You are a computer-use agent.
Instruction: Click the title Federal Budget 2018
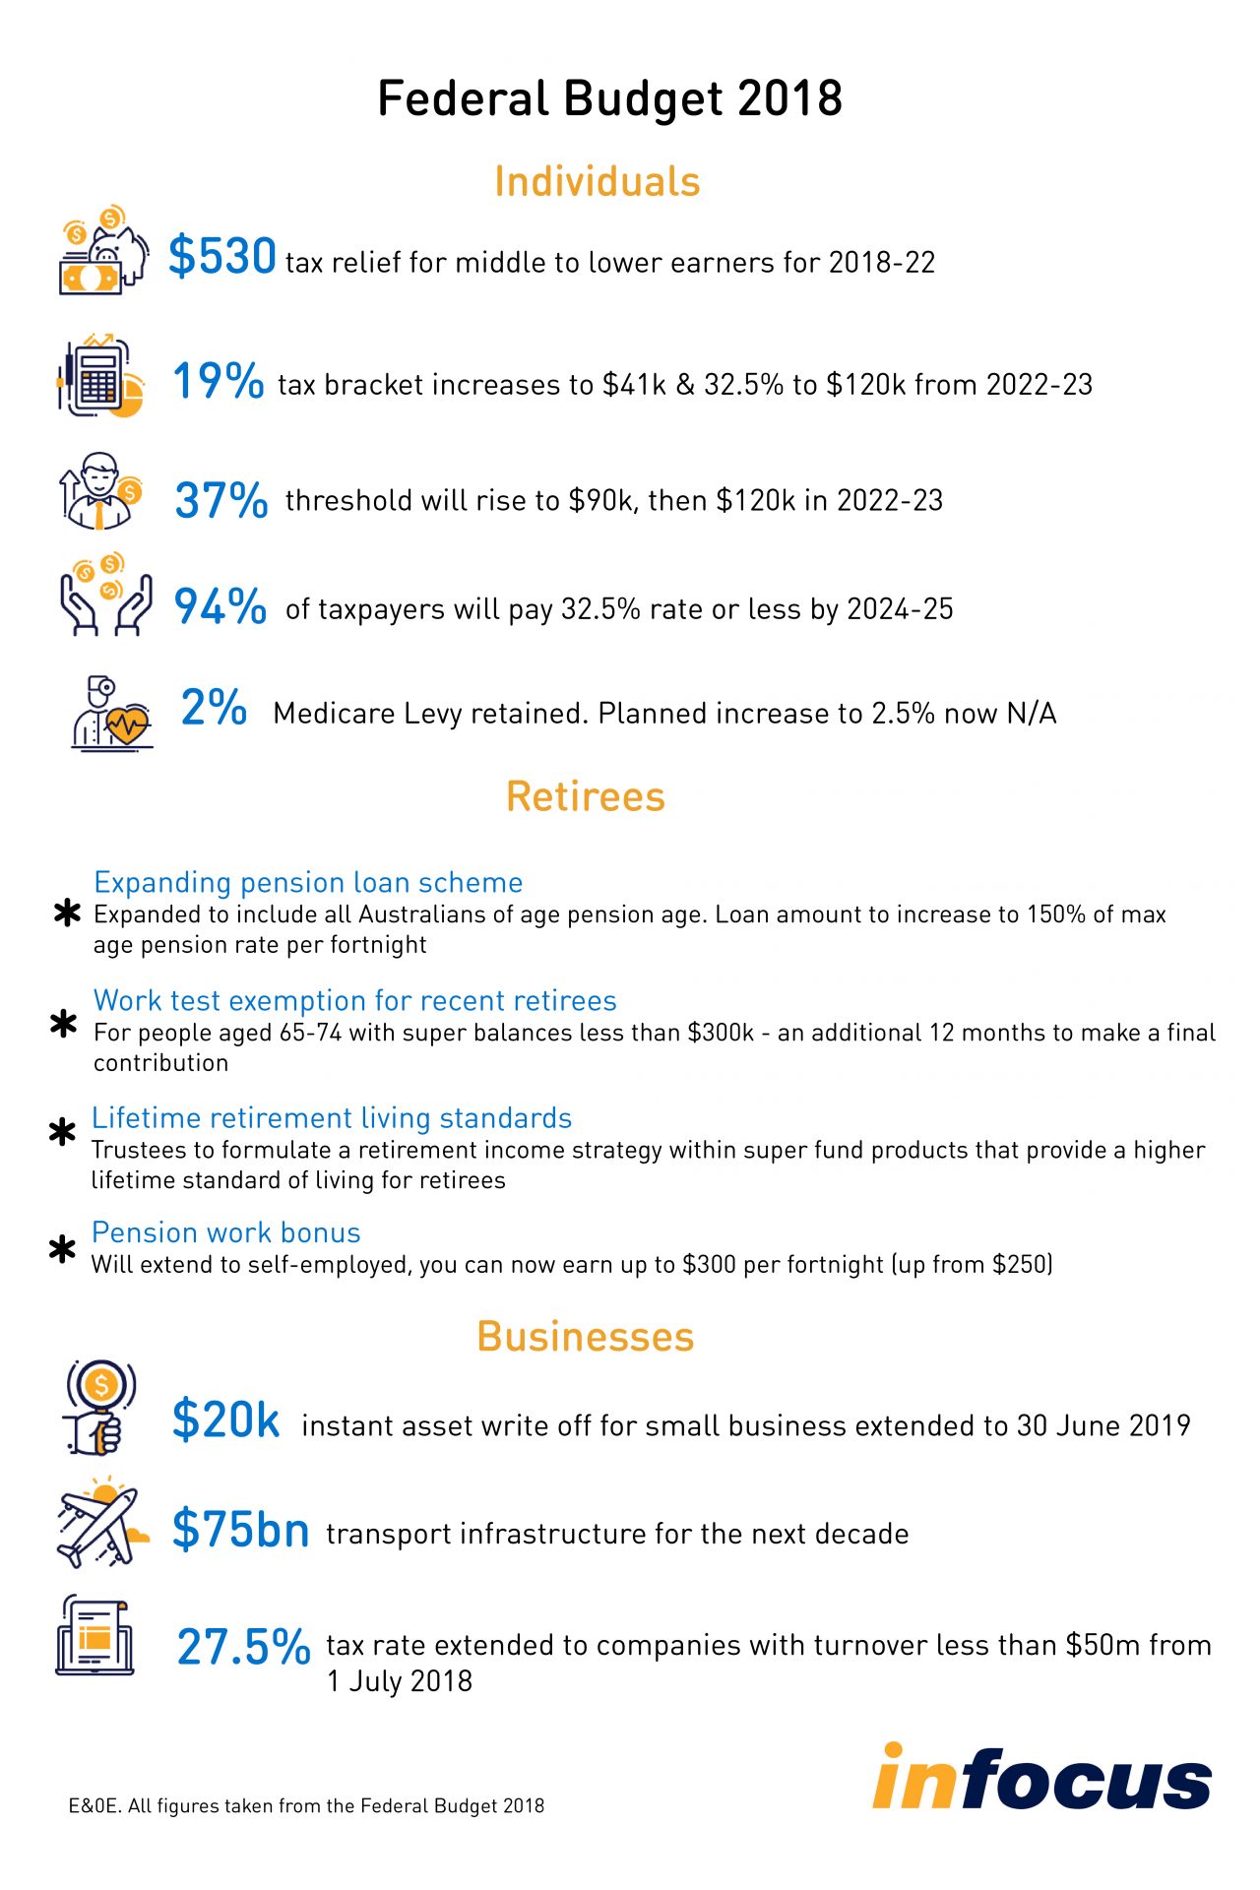(x=609, y=99)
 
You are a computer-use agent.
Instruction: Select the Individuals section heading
(x=597, y=182)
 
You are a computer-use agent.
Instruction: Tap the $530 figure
(x=221, y=257)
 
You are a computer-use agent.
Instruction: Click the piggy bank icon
(x=103, y=252)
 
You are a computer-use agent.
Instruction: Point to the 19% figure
(x=218, y=381)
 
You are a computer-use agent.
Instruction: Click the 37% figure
(x=220, y=500)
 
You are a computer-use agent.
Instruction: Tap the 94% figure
(x=220, y=606)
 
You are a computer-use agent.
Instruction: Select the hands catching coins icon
(x=105, y=594)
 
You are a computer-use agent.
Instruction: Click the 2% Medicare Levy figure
(x=214, y=708)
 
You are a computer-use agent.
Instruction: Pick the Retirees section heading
(x=586, y=796)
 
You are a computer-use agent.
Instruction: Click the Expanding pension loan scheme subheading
(x=308, y=882)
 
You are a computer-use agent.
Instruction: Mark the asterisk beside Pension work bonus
(x=62, y=1250)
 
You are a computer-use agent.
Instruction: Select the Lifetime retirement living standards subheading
(x=332, y=1118)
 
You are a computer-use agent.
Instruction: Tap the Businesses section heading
(x=586, y=1337)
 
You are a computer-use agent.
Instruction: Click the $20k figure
(x=225, y=1419)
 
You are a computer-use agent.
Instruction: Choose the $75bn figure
(x=240, y=1529)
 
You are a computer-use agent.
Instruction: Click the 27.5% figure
(x=243, y=1647)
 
